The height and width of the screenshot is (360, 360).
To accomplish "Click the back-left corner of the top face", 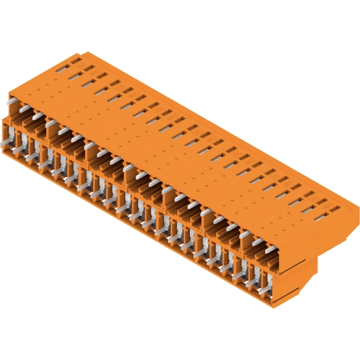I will point(84,52).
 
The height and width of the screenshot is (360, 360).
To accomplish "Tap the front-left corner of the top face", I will point(9,94).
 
